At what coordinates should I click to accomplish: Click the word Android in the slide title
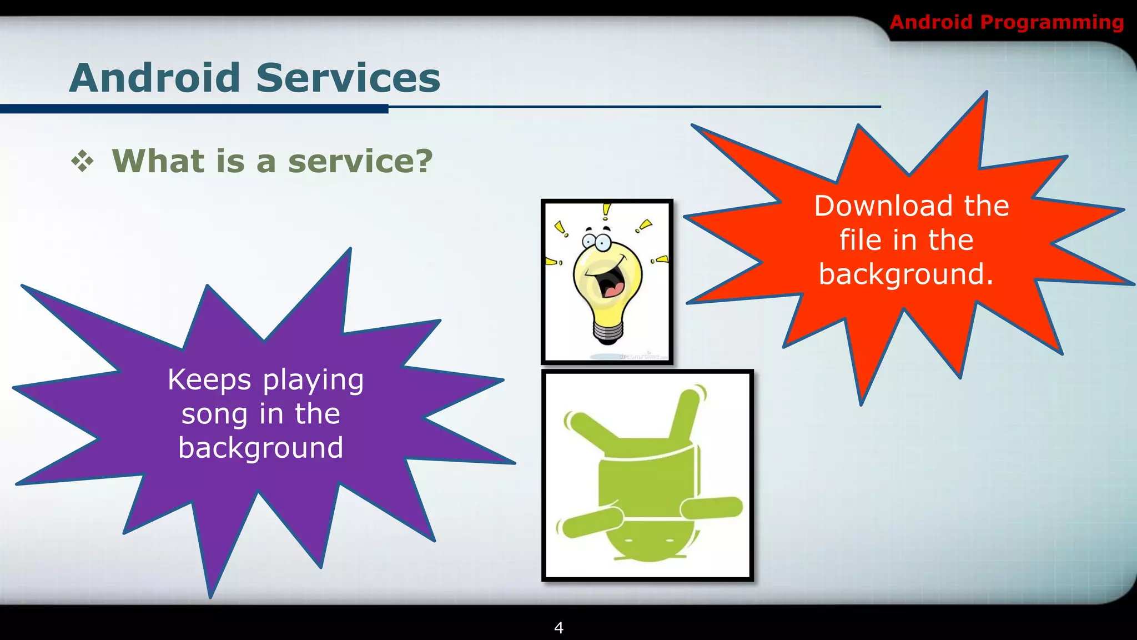154,78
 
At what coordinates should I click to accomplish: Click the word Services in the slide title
348,78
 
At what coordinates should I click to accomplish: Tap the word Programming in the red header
1052,22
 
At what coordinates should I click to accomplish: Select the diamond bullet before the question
83,162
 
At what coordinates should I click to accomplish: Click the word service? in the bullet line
360,161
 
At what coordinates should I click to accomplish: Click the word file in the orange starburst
860,240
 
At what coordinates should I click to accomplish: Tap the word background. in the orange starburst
905,274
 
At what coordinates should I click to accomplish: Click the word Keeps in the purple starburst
210,380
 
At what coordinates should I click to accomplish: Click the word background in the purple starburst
260,448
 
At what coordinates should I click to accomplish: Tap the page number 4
559,628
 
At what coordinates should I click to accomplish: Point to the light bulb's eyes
596,242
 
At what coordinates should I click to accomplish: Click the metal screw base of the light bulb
607,332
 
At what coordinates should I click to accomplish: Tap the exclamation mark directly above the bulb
606,212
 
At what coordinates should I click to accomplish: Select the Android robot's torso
647,478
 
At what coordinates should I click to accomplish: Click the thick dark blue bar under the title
194,109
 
